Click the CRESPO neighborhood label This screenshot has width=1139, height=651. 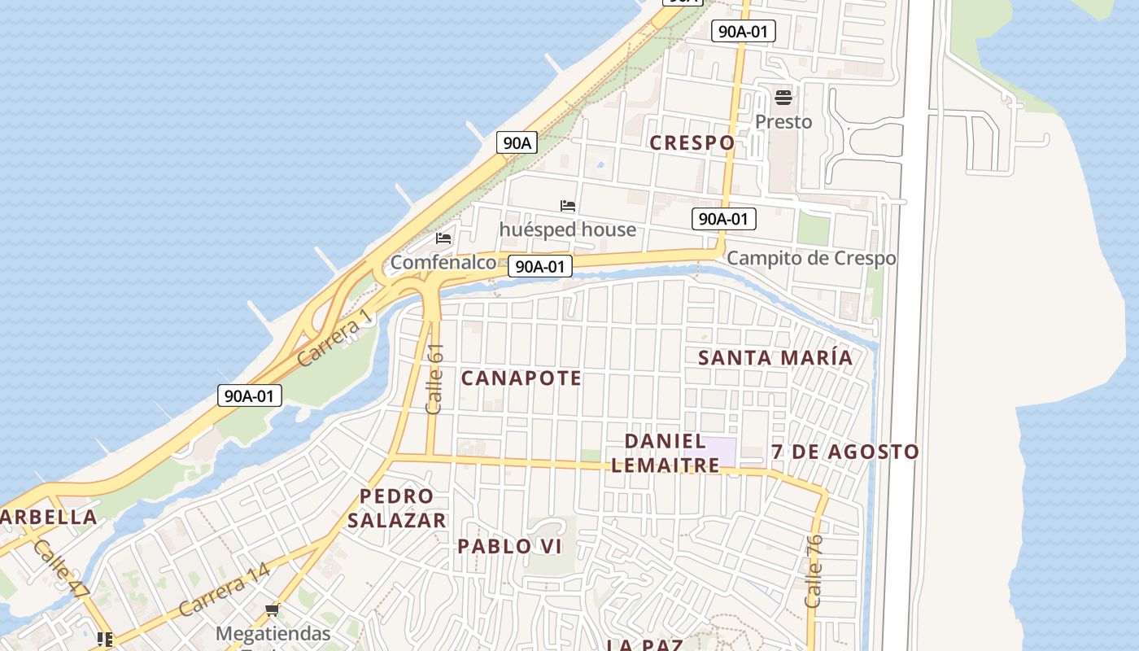692,142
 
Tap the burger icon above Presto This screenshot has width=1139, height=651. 783,98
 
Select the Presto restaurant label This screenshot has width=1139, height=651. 783,122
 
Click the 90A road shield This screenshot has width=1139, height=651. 517,142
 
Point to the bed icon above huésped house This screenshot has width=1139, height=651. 568,206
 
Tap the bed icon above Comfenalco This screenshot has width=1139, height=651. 443,238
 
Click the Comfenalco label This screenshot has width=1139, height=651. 443,262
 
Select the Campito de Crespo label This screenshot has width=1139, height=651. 811,258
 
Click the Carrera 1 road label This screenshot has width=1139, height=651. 334,338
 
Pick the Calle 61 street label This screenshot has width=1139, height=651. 434,378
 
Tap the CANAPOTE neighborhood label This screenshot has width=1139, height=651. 521,378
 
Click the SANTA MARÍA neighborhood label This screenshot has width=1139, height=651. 775,357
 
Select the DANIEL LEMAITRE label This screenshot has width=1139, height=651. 666,453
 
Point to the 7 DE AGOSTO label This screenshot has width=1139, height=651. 845,452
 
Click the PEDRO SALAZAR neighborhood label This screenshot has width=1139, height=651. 397,508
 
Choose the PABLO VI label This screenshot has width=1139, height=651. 509,546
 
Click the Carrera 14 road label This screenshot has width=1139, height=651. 224,590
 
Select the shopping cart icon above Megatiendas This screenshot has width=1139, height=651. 273,610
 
